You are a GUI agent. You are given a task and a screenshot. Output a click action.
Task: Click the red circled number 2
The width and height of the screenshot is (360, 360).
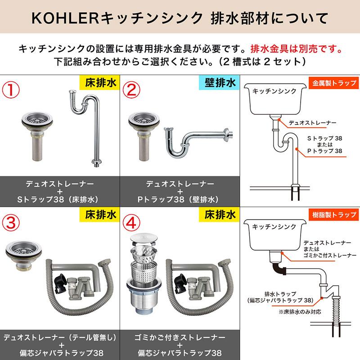click(134, 89)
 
